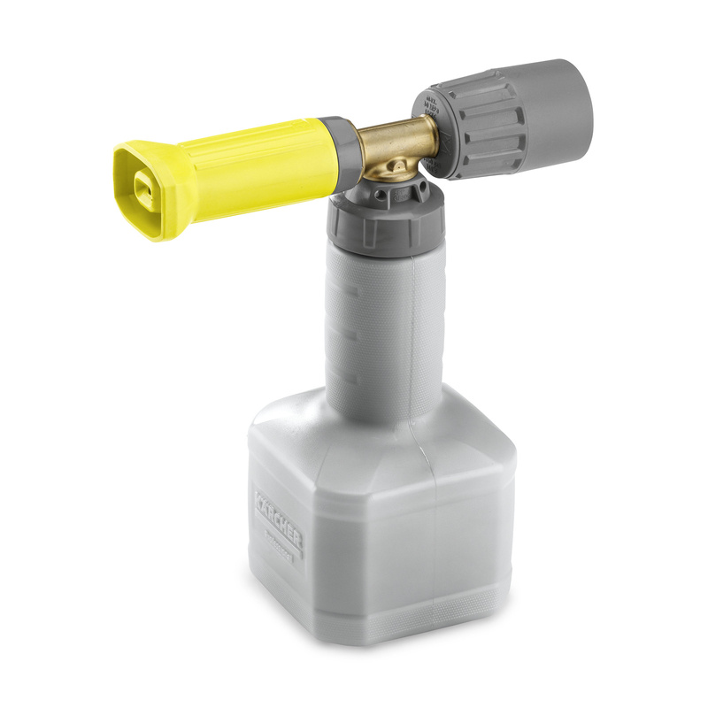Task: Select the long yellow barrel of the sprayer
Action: pos(265,159)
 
